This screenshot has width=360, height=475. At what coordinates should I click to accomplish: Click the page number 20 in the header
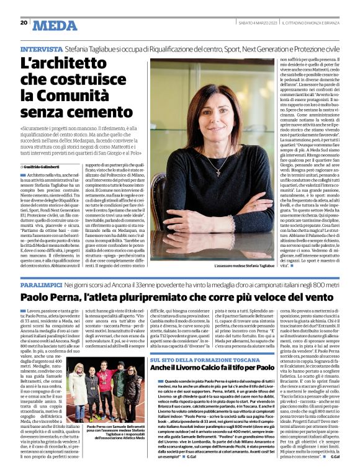24,23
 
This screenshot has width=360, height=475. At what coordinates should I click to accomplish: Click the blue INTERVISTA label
41,48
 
